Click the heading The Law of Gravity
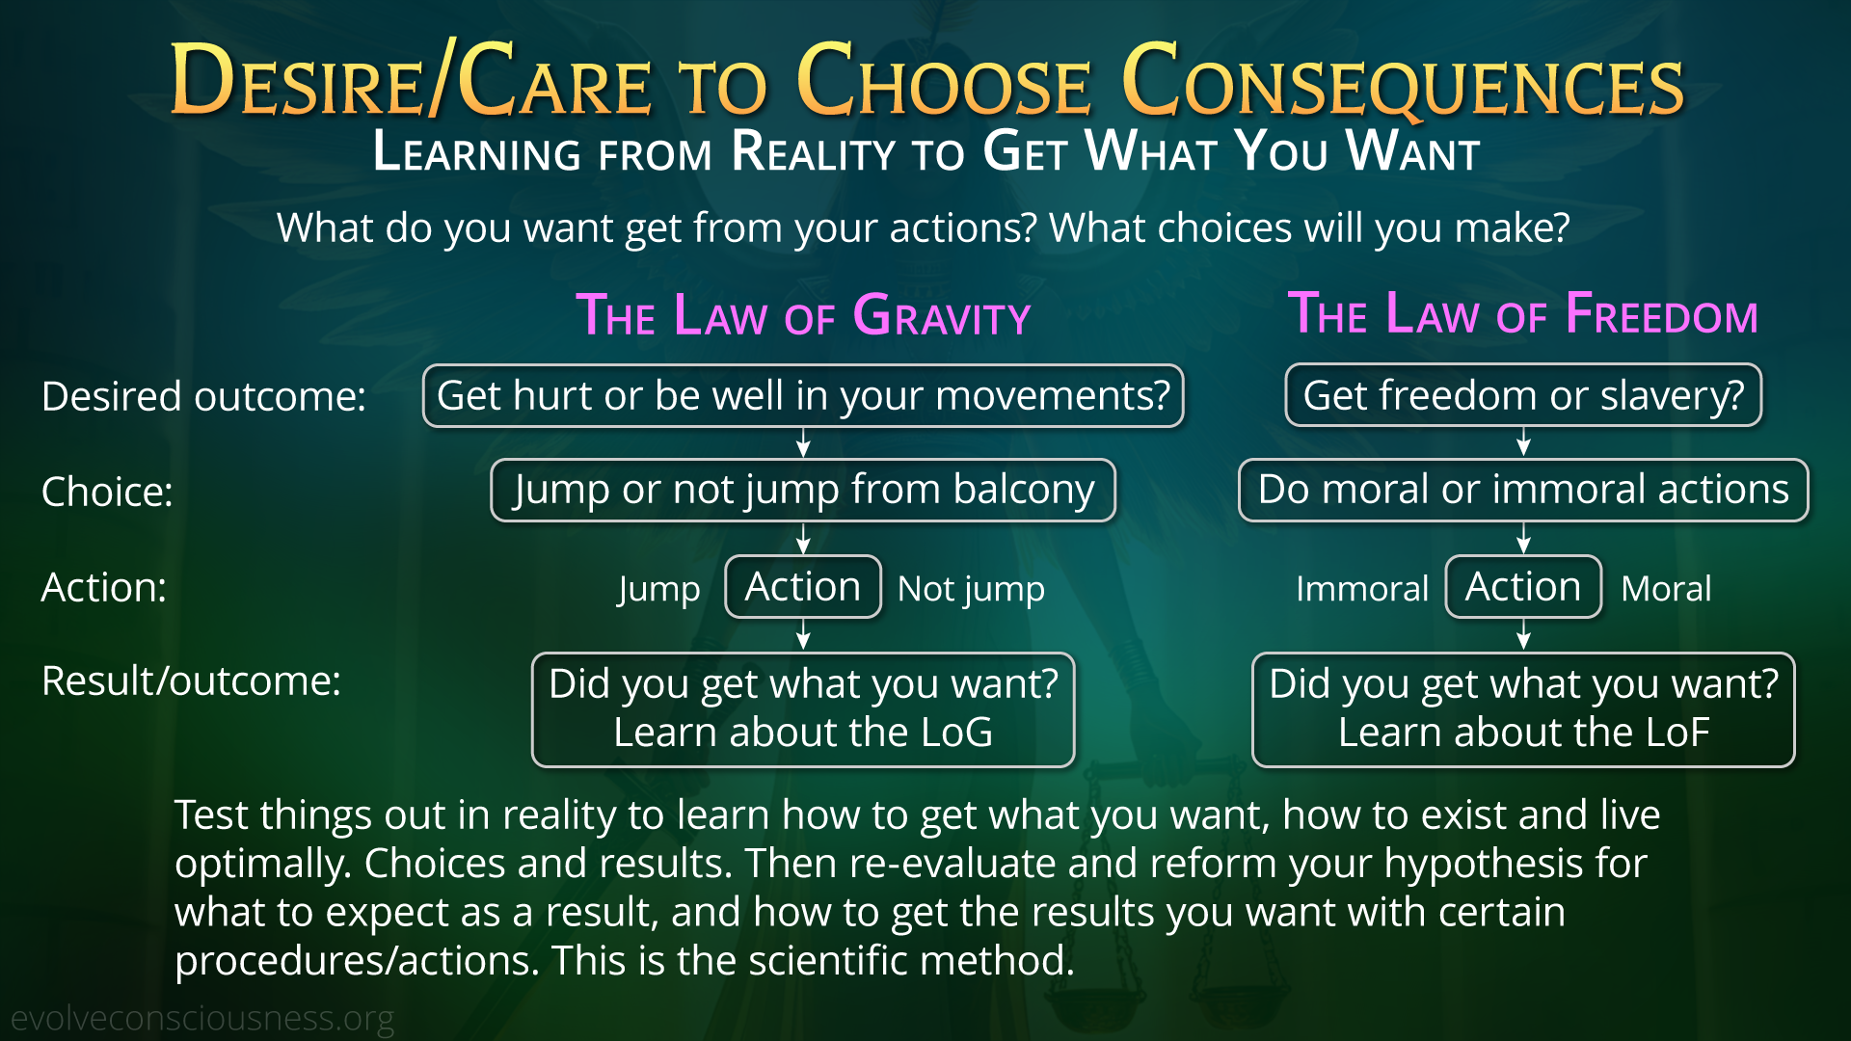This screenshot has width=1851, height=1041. point(803,314)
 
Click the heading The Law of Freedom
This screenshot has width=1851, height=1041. point(1523,313)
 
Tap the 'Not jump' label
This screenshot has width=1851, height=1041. point(971,589)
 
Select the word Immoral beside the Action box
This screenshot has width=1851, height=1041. point(1362,588)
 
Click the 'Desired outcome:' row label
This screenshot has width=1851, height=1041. point(203,396)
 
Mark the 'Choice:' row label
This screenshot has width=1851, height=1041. point(107,492)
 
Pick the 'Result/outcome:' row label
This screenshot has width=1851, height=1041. point(191,681)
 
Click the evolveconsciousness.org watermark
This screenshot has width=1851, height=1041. point(202,1018)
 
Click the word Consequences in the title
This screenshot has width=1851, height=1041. point(1403,81)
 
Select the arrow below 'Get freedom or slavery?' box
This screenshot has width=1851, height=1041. point(1523,442)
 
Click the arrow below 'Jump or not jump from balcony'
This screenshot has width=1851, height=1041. point(803,538)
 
